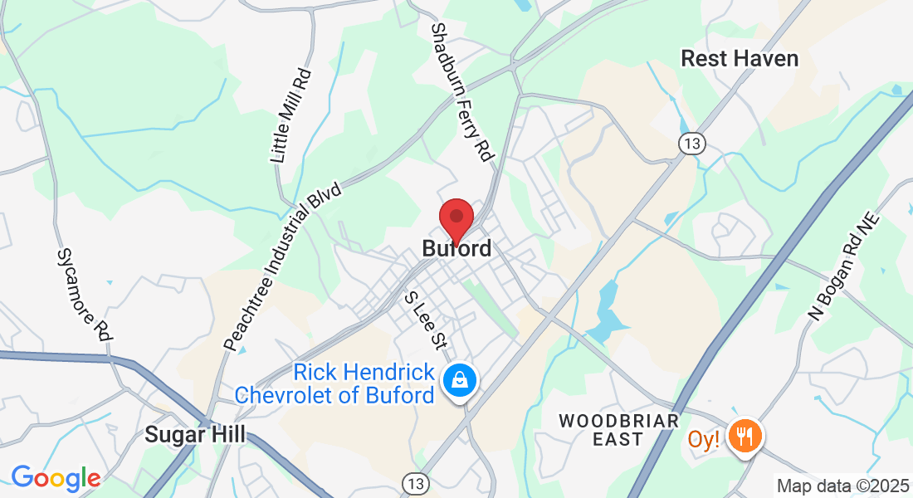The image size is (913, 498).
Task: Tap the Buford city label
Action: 456,248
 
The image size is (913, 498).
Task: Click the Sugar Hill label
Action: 195,433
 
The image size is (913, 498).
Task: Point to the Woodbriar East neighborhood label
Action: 618,429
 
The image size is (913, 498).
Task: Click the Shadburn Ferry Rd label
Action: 462,92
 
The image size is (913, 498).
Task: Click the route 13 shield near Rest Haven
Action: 691,144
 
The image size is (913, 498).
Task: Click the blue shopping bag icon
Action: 458,381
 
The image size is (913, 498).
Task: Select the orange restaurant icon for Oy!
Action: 745,436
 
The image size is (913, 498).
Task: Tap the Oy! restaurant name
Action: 704,440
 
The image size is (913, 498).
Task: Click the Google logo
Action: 56,478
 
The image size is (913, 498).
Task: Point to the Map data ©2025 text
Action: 842,486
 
